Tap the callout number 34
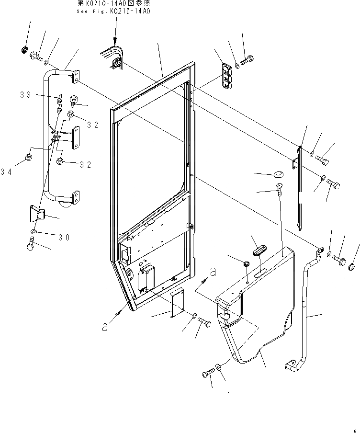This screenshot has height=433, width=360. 6,171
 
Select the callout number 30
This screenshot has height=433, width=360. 64,237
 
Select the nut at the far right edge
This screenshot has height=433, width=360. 352,266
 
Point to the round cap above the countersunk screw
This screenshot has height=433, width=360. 277,173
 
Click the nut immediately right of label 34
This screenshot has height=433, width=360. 28,157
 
